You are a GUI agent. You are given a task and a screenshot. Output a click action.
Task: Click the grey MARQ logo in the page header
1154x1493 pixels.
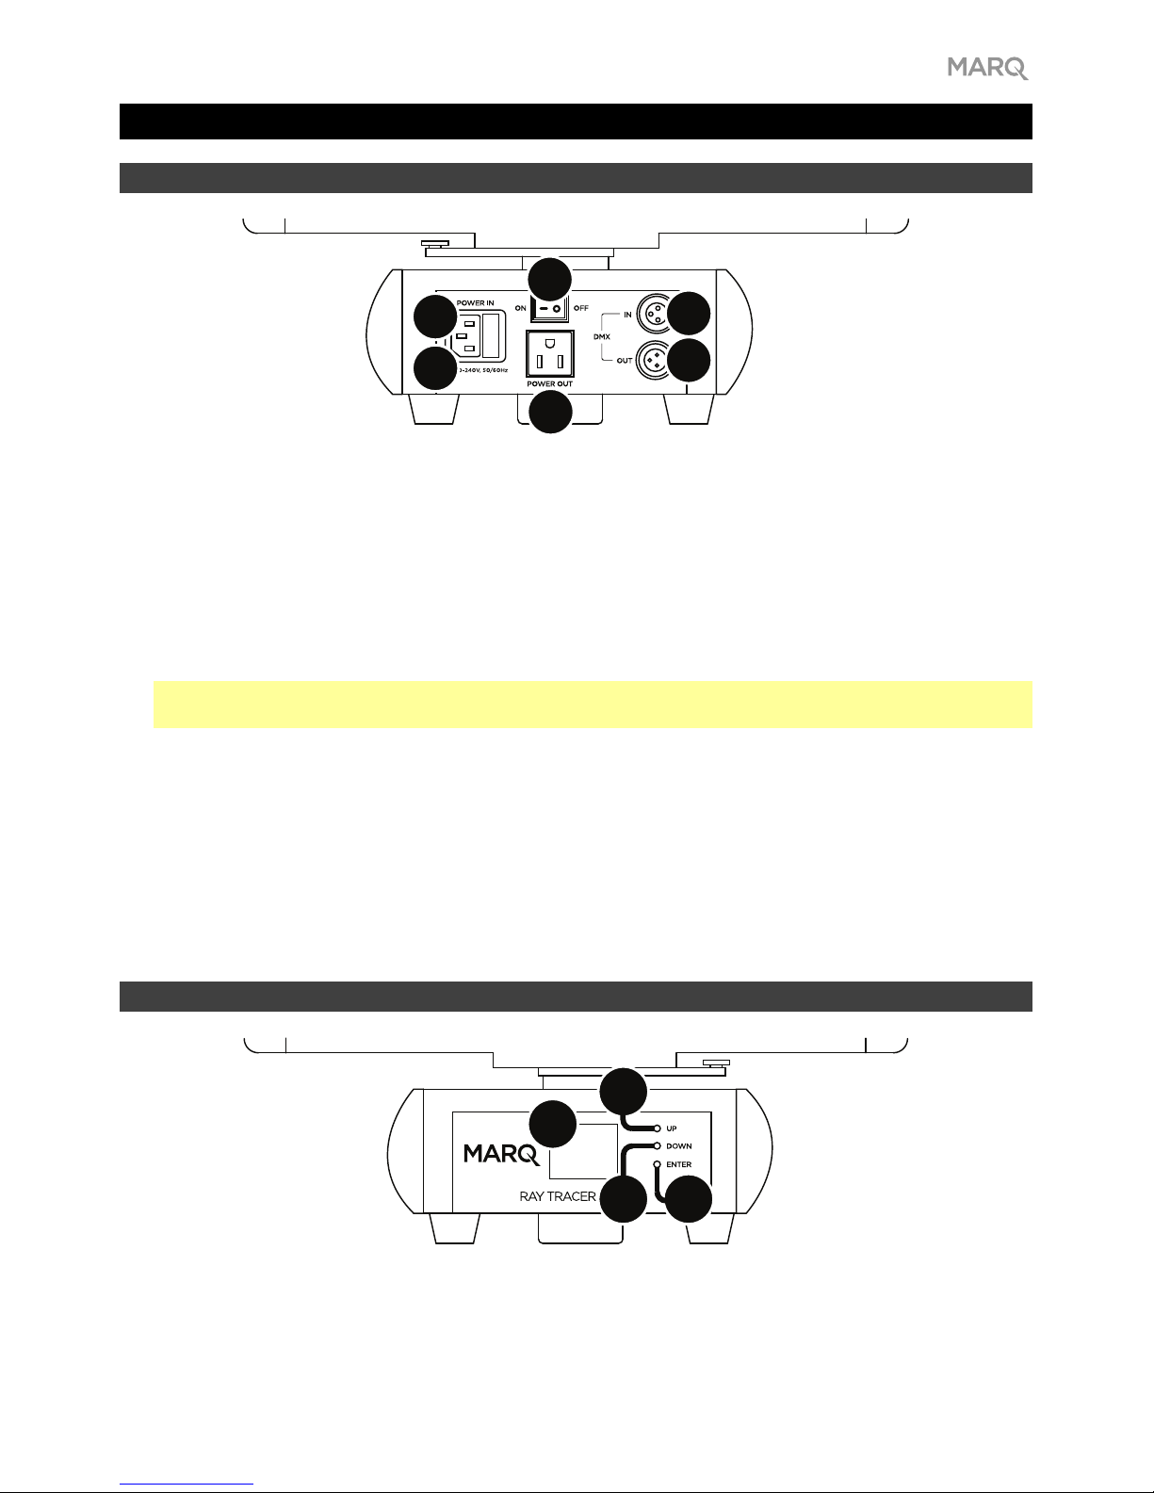pos(987,68)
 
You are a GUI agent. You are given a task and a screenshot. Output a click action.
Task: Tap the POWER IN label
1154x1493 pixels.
pos(476,303)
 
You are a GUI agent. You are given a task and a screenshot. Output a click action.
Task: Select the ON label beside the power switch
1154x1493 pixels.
pos(521,309)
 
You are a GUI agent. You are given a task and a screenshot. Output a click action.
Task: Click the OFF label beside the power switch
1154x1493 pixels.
pos(581,309)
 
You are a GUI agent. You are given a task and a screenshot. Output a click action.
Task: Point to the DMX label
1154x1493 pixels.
pos(602,336)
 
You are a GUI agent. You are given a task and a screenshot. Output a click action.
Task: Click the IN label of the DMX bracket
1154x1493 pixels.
pos(627,315)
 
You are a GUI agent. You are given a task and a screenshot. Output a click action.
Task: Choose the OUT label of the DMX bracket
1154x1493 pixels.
pos(625,361)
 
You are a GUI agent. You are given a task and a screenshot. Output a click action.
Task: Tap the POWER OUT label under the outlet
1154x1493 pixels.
pos(549,384)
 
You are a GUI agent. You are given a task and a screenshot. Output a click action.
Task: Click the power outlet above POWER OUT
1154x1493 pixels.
pos(549,354)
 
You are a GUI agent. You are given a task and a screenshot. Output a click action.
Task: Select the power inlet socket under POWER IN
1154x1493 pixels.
pos(479,335)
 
